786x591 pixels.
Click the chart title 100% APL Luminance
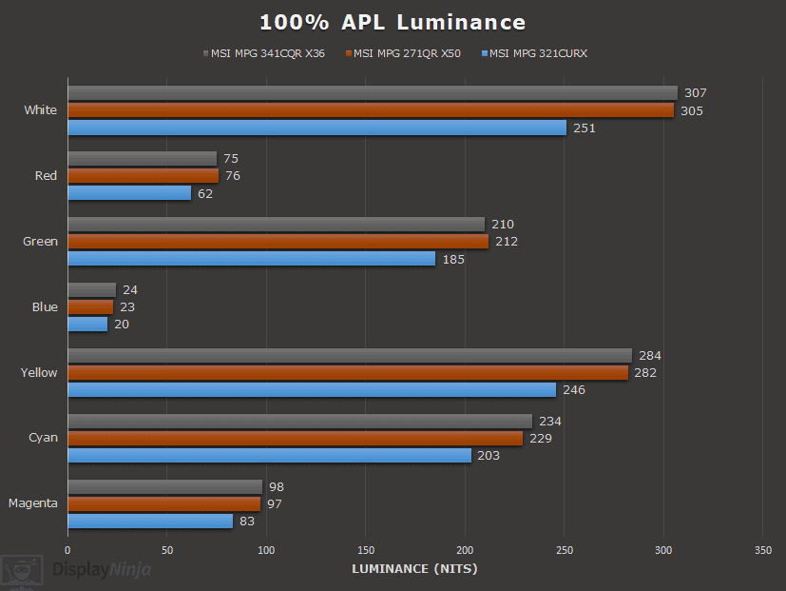coord(393,22)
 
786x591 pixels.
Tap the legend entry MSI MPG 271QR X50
coord(407,54)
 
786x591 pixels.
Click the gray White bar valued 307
coord(373,93)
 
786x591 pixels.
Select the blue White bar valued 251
coord(316,128)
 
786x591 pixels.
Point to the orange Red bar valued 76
coord(143,176)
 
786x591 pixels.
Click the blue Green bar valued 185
coord(251,259)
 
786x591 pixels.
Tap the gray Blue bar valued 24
coord(91,289)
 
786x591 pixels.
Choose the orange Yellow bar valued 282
coord(348,372)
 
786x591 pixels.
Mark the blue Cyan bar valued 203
coord(269,456)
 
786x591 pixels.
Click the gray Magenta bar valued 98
coord(164,486)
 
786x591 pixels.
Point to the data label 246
coord(574,390)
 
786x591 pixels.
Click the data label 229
coord(541,438)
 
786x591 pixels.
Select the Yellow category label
coord(39,373)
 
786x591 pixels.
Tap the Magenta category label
coord(33,503)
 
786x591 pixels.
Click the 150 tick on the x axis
coord(366,550)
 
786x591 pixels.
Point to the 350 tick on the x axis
coord(762,550)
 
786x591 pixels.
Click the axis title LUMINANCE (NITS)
coord(414,569)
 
